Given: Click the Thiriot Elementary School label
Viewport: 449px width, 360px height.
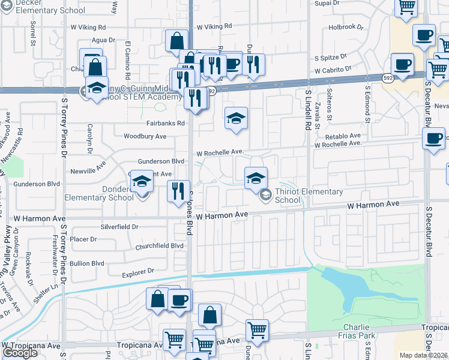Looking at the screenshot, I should pos(308,196).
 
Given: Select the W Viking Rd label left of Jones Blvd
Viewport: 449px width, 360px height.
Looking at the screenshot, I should pos(88,27).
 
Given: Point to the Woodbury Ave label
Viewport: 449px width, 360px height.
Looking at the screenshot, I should pos(145,136).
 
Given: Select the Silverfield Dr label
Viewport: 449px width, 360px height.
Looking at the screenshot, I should pos(119,227).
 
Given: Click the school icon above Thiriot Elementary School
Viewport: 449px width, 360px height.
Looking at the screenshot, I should pos(256,178).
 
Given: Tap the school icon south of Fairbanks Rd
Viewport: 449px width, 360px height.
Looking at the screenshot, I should pos(237,118).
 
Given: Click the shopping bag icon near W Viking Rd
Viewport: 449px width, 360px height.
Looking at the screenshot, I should pos(177,41).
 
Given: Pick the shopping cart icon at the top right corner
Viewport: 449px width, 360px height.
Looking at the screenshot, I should pos(407,7).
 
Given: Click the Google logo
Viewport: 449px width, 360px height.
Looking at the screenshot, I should pos(20,353).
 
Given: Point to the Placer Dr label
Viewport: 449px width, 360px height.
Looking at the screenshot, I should pos(83,239).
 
